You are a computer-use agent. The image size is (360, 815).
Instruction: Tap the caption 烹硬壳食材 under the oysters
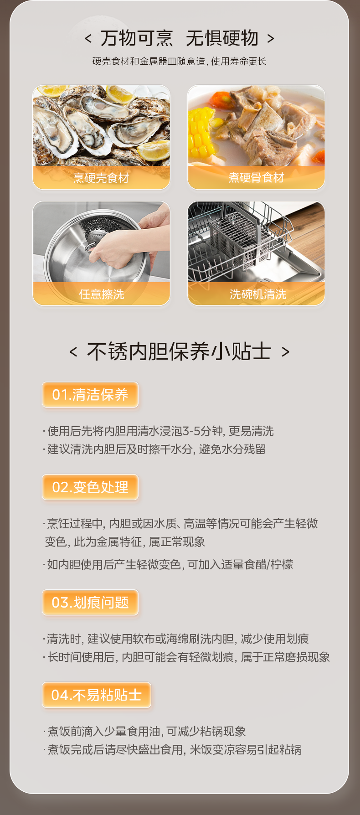pos(101,178)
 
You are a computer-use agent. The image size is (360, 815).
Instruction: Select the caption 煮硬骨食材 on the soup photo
pos(256,177)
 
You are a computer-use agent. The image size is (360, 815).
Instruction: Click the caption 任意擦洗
pos(101,294)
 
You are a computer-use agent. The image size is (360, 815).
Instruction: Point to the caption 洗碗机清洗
pos(258,294)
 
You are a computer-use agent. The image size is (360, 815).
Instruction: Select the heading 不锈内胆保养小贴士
pos(179,352)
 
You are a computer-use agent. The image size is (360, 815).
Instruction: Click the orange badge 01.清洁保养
pos(90,395)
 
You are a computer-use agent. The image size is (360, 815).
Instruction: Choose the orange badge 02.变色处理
pos(90,487)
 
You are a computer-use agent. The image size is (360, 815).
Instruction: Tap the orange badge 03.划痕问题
pos(90,603)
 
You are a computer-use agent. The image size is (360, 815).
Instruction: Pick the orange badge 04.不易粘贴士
pos(96,695)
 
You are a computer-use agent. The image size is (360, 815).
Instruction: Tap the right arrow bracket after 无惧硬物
pos(271,39)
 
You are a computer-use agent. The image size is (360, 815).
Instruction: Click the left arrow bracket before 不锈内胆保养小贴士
pos(73,352)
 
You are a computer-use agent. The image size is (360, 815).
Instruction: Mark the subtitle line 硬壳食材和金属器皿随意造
pos(179,61)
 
